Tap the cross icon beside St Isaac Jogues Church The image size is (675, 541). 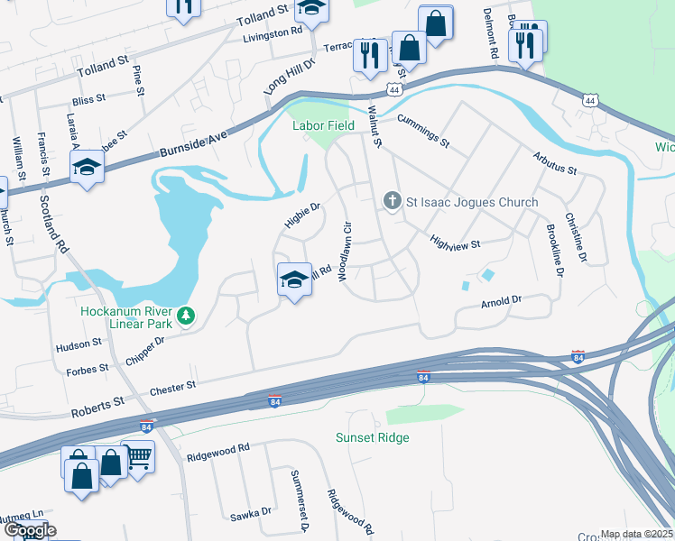392,200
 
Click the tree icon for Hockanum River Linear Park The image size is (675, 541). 186,315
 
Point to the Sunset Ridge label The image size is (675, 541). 373,438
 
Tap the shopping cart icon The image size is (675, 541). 138,458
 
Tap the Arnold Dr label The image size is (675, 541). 502,300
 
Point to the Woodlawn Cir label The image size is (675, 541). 344,252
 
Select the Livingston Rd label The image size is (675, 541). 273,33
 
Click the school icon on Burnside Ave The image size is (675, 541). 88,167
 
